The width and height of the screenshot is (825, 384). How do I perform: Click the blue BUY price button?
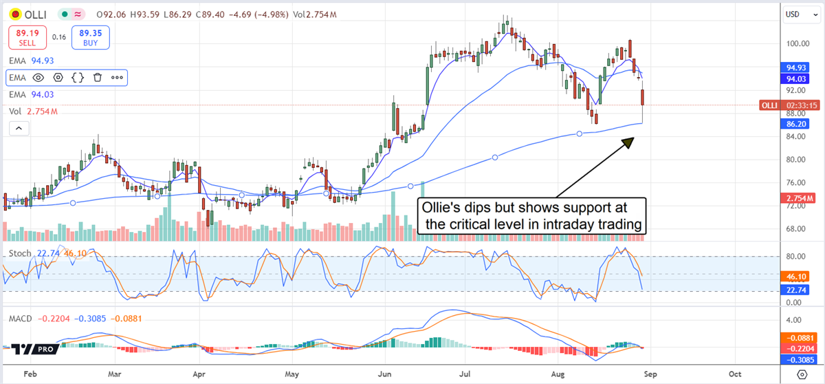[x=89, y=37]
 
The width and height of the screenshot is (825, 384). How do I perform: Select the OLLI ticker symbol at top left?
[x=36, y=14]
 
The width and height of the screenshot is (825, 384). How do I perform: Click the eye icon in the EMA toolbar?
[x=38, y=78]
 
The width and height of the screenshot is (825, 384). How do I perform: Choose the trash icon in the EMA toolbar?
[x=98, y=78]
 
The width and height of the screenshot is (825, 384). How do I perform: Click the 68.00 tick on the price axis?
[x=796, y=229]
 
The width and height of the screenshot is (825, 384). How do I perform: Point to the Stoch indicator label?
[x=19, y=254]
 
